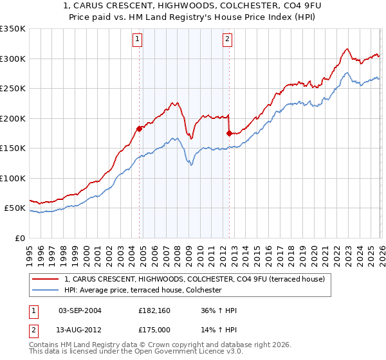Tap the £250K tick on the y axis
(x=12, y=89)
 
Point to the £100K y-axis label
(x=12, y=178)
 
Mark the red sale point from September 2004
(x=139, y=129)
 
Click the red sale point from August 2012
(x=229, y=133)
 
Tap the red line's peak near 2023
(x=347, y=49)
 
